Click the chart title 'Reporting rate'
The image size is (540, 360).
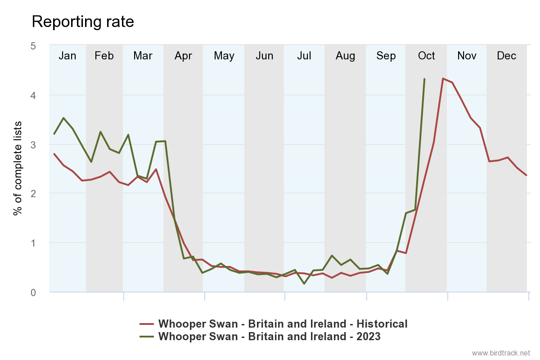[x=83, y=22]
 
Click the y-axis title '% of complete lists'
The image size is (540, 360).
[x=18, y=168]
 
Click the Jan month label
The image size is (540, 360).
[x=67, y=56]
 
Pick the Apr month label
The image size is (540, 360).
[x=183, y=56]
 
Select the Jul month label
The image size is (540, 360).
[x=304, y=56]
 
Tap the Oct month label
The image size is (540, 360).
[x=426, y=56]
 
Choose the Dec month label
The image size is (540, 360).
[x=506, y=56]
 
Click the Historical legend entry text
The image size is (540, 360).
[x=283, y=324]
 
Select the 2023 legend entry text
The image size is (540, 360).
[x=269, y=336]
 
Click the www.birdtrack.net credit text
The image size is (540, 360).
[x=501, y=352]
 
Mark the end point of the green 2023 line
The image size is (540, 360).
[x=424, y=79]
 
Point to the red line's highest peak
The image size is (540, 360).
[x=443, y=78]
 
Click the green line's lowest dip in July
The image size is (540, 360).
[x=304, y=283]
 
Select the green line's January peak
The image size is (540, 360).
[x=63, y=118]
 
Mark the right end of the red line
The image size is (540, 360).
[x=526, y=175]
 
